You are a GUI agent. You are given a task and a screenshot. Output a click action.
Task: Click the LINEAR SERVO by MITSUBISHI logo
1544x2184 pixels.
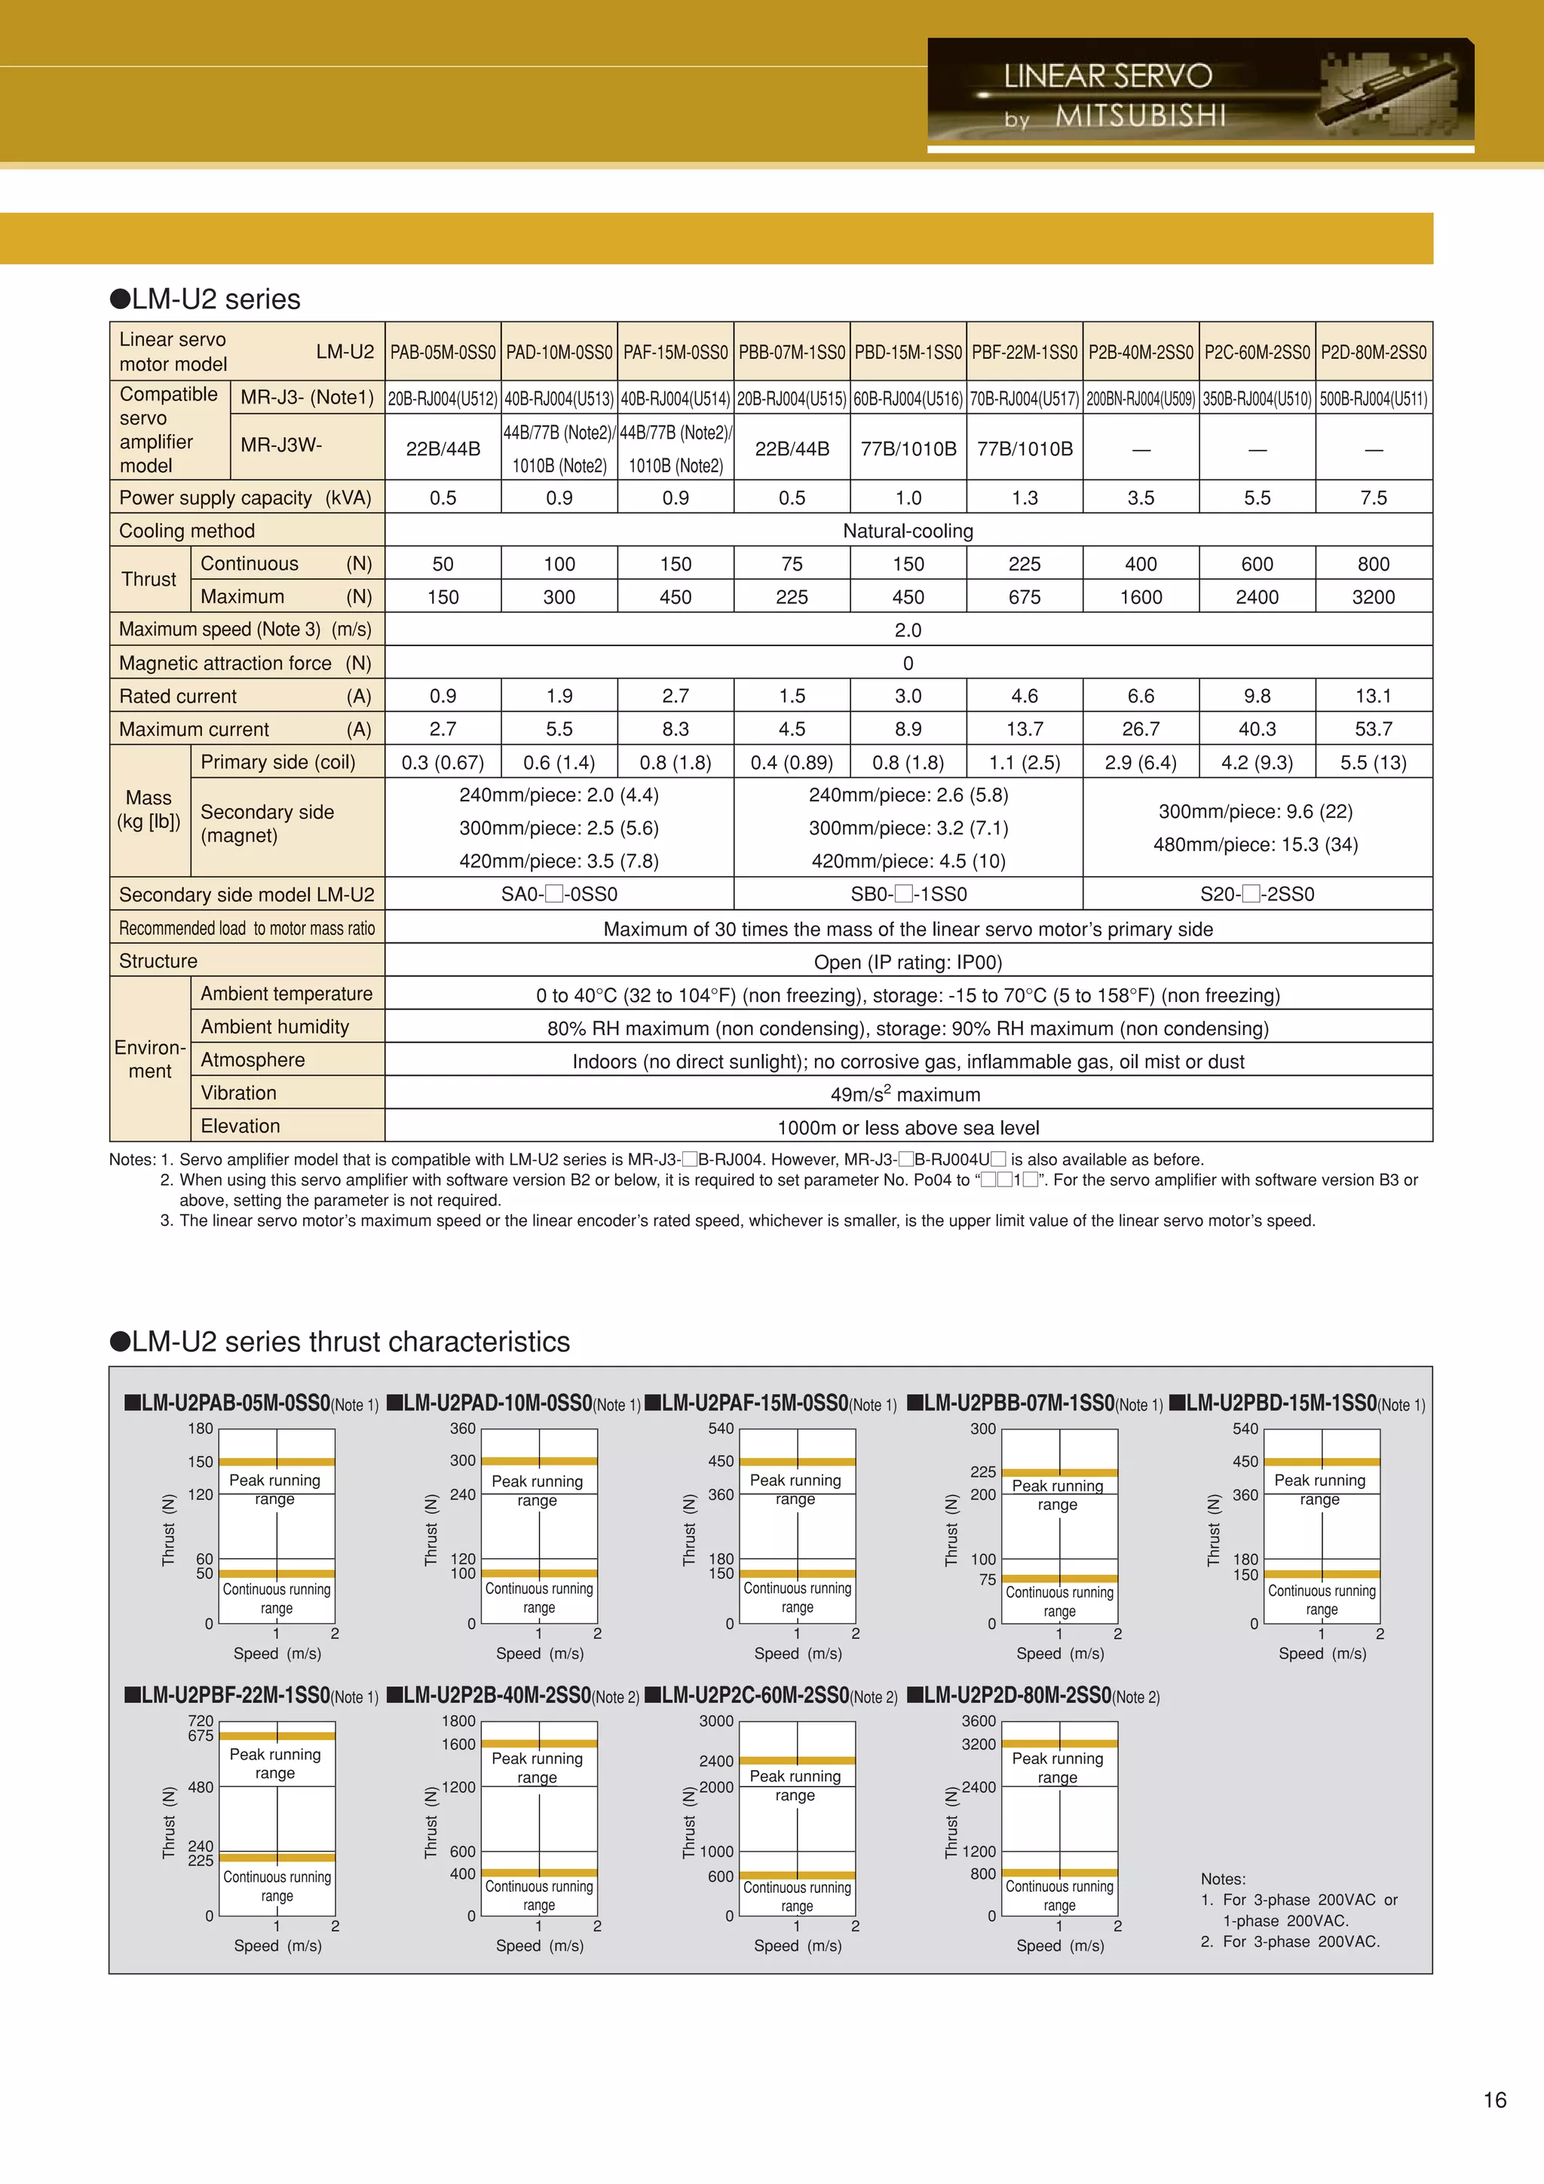[x=1199, y=94]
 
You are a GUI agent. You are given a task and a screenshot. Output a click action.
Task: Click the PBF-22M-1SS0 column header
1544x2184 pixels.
[x=1024, y=352]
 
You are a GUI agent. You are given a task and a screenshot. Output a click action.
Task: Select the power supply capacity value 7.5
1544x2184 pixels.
[x=1373, y=498]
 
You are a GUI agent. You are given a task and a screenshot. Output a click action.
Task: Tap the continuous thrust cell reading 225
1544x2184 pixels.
[x=1024, y=564]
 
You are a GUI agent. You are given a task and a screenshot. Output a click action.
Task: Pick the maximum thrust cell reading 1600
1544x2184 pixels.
[x=1141, y=597]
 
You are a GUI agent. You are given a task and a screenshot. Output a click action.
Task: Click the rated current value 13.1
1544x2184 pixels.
[x=1373, y=697]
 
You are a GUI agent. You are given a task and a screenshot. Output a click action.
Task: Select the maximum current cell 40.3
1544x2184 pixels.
[x=1257, y=730]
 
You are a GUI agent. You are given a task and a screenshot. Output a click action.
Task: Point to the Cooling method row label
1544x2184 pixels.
[x=188, y=531]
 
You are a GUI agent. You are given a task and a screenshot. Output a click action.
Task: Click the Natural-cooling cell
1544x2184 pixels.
[x=908, y=531]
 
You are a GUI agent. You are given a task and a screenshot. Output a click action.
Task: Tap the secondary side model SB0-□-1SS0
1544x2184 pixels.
[x=908, y=894]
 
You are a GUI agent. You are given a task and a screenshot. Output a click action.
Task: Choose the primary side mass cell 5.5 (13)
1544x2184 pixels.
[x=1373, y=763]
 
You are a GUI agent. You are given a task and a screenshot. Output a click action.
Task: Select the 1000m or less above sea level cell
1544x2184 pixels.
[x=908, y=1127]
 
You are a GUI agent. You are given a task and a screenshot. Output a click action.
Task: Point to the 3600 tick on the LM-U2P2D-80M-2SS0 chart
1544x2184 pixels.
[x=978, y=1721]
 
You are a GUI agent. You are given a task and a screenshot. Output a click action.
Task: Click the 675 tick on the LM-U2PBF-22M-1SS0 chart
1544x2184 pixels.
[x=201, y=1736]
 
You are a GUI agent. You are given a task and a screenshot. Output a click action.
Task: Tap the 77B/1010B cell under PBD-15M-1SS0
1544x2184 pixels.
[x=908, y=449]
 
